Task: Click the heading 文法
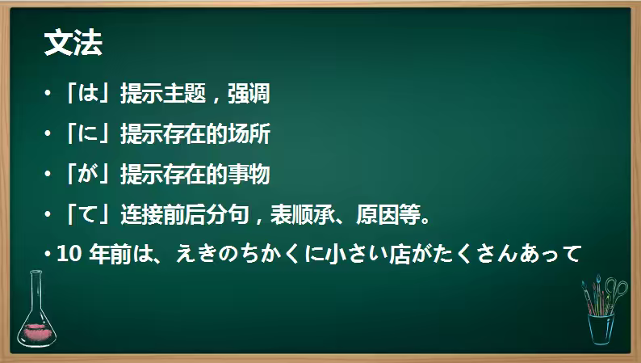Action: pos(73,44)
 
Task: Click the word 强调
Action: pos(249,95)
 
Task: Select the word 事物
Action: pos(249,174)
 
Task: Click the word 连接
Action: pos(140,213)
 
